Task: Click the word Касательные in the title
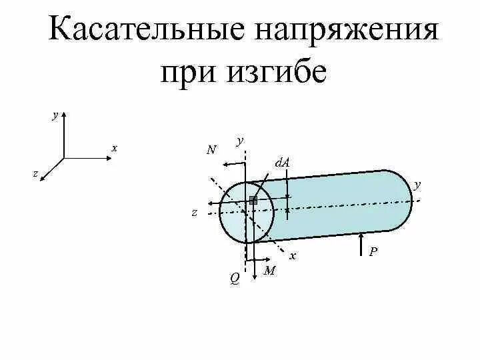(x=145, y=32)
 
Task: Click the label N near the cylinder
(x=211, y=150)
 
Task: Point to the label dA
(x=281, y=163)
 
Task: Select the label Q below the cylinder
(x=235, y=279)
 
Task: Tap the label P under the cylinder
(x=373, y=251)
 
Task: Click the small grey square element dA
(x=253, y=200)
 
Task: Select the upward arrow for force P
(x=361, y=243)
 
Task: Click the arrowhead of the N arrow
(x=225, y=163)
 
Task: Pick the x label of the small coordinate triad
(x=115, y=148)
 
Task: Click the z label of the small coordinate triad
(x=35, y=173)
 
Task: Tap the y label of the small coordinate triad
(x=55, y=115)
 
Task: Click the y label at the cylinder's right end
(x=417, y=184)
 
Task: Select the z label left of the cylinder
(x=194, y=213)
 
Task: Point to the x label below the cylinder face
(x=292, y=255)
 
